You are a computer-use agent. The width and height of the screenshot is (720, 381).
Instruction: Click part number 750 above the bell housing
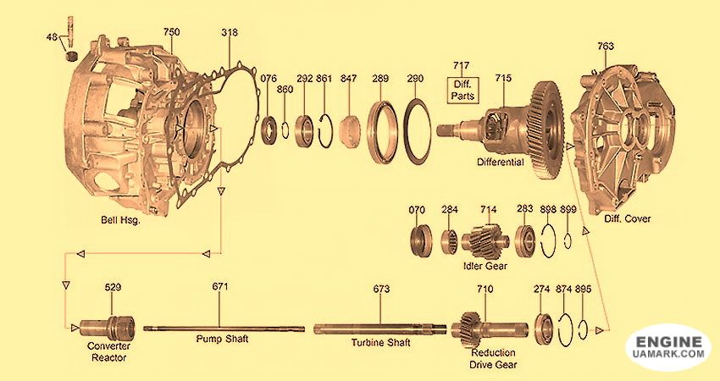pyautogui.click(x=172, y=32)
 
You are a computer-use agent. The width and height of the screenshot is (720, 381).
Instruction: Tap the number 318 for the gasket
pyautogui.click(x=230, y=32)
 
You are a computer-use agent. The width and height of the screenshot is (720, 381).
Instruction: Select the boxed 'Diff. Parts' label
pyautogui.click(x=462, y=90)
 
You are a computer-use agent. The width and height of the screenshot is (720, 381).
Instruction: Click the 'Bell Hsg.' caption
pyautogui.click(x=121, y=220)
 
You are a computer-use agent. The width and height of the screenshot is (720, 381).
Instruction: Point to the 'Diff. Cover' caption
pyautogui.click(x=627, y=219)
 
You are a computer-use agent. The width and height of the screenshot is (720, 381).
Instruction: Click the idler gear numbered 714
pyautogui.click(x=485, y=239)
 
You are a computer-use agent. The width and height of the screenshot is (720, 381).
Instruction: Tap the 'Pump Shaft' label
pyautogui.click(x=222, y=339)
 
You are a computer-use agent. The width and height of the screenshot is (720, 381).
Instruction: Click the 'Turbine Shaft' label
pyautogui.click(x=380, y=342)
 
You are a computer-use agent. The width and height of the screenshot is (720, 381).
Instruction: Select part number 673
pyautogui.click(x=381, y=289)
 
